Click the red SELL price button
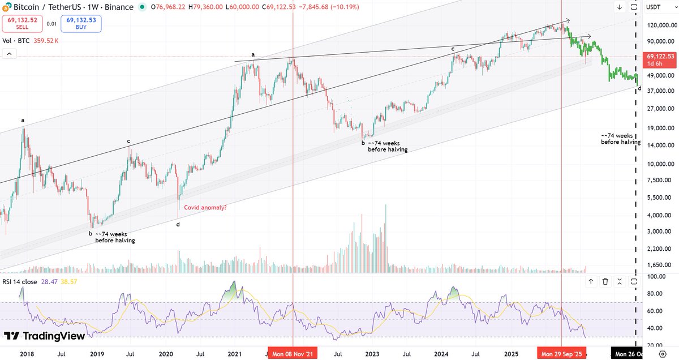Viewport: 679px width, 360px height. [x=22, y=24]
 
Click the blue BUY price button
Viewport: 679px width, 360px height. [x=81, y=24]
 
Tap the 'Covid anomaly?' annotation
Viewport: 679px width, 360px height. [x=205, y=207]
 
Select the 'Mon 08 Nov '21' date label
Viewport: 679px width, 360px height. [x=293, y=354]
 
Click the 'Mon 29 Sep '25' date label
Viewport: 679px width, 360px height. [x=561, y=354]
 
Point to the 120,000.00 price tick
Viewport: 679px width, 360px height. [x=662, y=25]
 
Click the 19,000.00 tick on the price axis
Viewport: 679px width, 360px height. [x=661, y=128]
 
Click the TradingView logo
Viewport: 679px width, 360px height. [x=44, y=336]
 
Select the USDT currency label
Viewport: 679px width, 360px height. [x=653, y=7]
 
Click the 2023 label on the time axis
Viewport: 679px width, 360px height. [x=372, y=354]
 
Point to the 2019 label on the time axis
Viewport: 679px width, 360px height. [x=97, y=354]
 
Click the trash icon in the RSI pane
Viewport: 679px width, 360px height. [x=605, y=281]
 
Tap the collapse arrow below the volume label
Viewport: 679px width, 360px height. [x=10, y=54]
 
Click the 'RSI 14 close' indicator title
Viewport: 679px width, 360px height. [x=20, y=282]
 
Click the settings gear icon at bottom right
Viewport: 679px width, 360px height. [x=663, y=354]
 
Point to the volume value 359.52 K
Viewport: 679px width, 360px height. [x=46, y=41]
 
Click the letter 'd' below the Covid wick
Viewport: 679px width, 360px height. [x=178, y=224]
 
